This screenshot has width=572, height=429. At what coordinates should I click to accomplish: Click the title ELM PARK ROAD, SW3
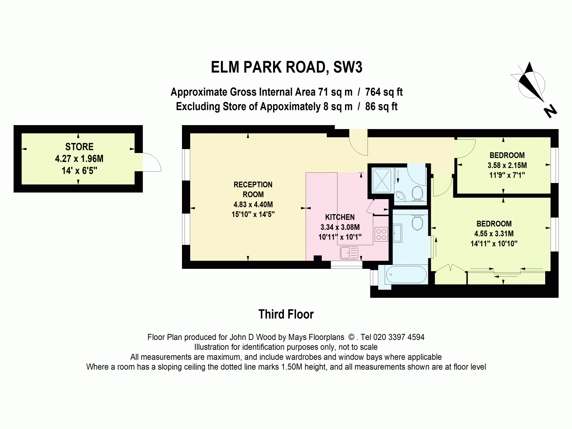click(x=286, y=68)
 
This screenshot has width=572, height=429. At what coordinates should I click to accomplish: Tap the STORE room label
click(x=79, y=147)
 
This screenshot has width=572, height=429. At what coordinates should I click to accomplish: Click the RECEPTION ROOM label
click(x=253, y=189)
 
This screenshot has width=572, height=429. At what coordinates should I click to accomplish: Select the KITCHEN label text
click(x=340, y=217)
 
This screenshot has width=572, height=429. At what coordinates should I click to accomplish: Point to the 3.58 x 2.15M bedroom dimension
click(x=507, y=166)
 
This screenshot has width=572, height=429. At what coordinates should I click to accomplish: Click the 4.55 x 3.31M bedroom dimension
click(x=494, y=234)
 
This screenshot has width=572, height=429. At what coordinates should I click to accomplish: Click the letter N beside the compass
click(x=550, y=111)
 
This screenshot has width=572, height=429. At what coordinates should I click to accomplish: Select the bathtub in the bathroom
click(x=406, y=275)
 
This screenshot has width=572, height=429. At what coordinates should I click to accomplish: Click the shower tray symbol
click(x=382, y=181)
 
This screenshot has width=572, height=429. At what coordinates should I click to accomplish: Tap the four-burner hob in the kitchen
click(x=381, y=234)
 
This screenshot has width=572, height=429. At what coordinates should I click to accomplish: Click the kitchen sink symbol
click(x=349, y=253)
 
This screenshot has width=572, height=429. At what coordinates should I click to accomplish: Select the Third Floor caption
click(x=286, y=315)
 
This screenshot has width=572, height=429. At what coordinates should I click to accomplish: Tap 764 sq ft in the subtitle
click(x=384, y=92)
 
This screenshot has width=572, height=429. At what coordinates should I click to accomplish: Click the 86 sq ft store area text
click(x=381, y=107)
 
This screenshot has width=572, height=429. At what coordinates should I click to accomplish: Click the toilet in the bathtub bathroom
click(x=417, y=223)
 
